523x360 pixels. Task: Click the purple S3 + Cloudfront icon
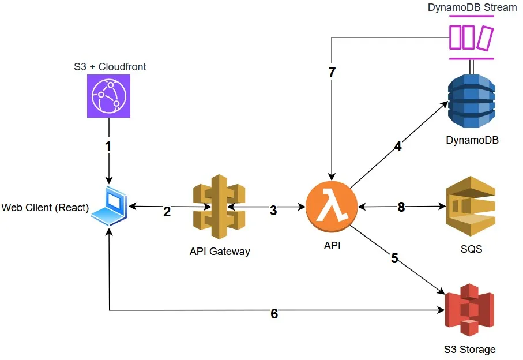(108, 97)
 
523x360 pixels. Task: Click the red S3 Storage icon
(469, 310)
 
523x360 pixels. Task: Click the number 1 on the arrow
(108, 146)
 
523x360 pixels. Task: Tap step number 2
(167, 211)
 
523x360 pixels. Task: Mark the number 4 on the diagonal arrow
(398, 146)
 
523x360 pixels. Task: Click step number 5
(394, 258)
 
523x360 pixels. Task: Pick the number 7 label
(332, 73)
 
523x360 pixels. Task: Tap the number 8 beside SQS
(401, 207)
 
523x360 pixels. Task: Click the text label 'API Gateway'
(220, 251)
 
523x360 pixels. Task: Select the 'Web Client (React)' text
(45, 207)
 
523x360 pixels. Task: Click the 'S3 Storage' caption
(469, 349)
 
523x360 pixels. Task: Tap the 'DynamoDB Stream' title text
(472, 7)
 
